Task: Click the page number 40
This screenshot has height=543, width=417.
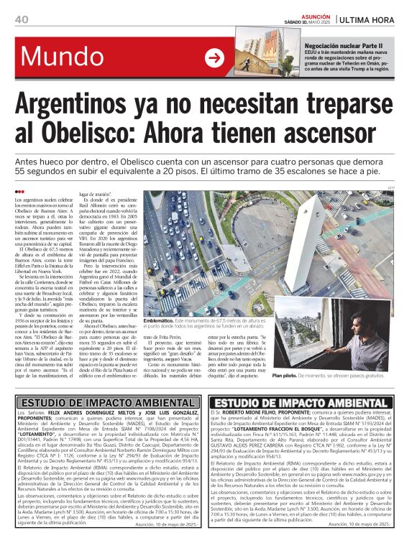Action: click(22, 19)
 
